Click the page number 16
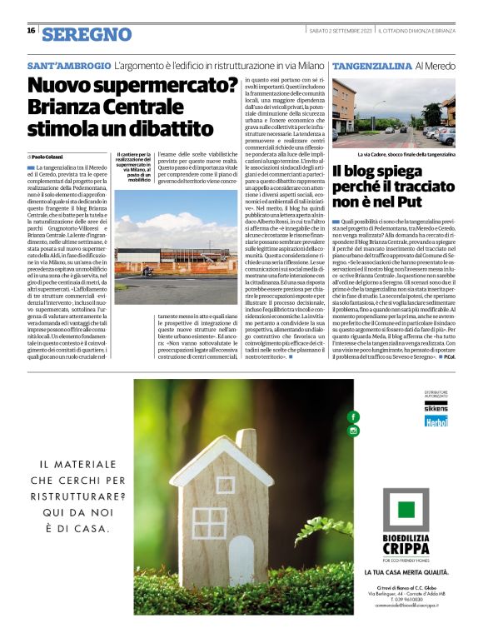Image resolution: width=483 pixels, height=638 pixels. (30, 31)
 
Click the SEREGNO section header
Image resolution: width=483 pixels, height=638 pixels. (87, 34)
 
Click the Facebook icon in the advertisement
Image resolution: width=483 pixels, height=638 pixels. (353, 416)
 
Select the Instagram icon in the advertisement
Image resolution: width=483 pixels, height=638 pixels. (353, 431)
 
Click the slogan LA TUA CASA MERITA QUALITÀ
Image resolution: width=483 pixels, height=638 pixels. (409, 573)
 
